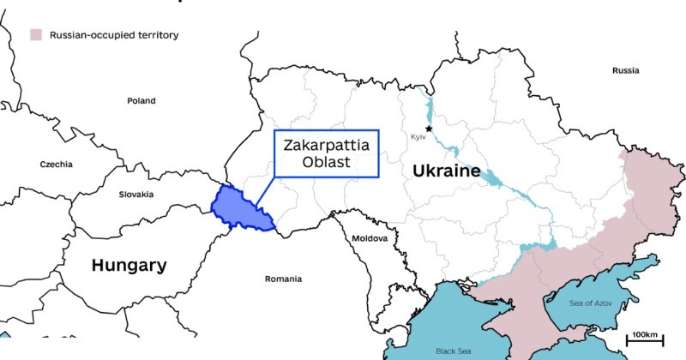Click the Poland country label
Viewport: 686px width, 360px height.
tap(141, 100)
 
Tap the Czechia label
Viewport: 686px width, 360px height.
tap(57, 164)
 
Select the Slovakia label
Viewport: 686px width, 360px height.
tap(136, 195)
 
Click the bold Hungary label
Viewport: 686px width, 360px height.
tap(129, 266)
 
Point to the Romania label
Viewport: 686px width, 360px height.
tap(283, 279)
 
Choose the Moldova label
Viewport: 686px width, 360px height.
tap(370, 237)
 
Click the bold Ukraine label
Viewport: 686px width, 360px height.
tap(446, 171)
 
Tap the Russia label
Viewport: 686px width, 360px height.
tap(625, 70)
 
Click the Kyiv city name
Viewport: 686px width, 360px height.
tap(419, 137)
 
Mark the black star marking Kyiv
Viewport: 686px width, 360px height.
tap(429, 129)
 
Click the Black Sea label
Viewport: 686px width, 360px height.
tap(453, 351)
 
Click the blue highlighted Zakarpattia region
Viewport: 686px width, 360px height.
tap(240, 207)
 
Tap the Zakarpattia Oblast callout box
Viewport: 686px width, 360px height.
tap(327, 154)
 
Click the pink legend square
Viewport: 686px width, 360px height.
tap(36, 35)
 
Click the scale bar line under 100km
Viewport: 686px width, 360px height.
tap(644, 343)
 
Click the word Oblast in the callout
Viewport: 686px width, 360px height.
tap(327, 163)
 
